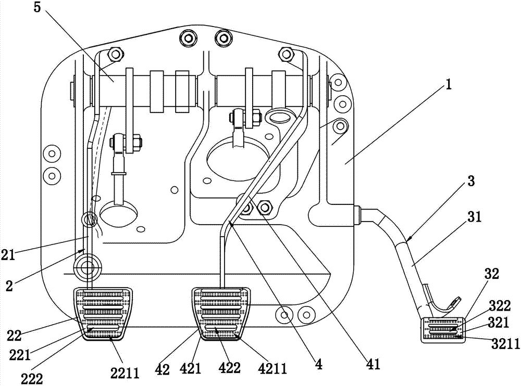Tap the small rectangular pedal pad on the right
click(442, 329)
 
